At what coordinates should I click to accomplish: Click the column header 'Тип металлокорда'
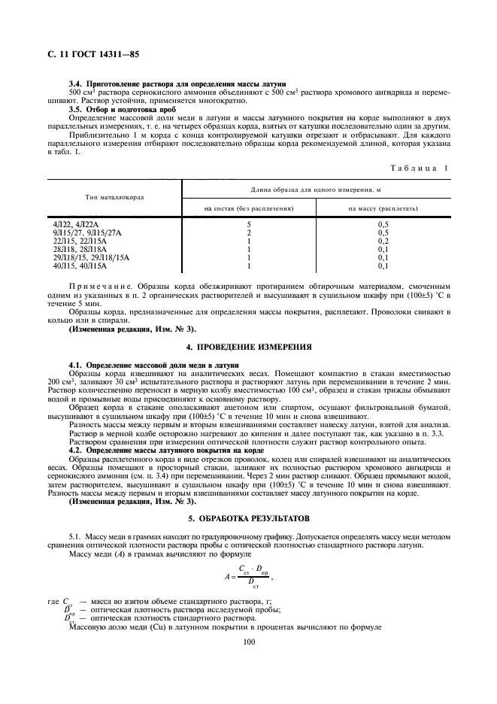click(115, 197)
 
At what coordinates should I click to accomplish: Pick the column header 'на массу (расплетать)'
click(383, 207)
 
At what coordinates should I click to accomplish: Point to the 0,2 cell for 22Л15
click(383, 241)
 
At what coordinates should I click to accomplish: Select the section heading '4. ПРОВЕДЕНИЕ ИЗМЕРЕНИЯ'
click(248, 347)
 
